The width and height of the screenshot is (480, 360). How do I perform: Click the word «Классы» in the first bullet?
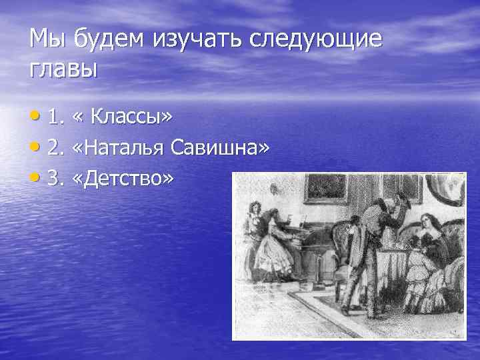click(131, 117)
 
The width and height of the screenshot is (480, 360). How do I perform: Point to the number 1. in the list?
click(55, 118)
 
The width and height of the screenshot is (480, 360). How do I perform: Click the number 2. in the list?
click(55, 149)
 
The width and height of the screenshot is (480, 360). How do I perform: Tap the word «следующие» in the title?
click(317, 40)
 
